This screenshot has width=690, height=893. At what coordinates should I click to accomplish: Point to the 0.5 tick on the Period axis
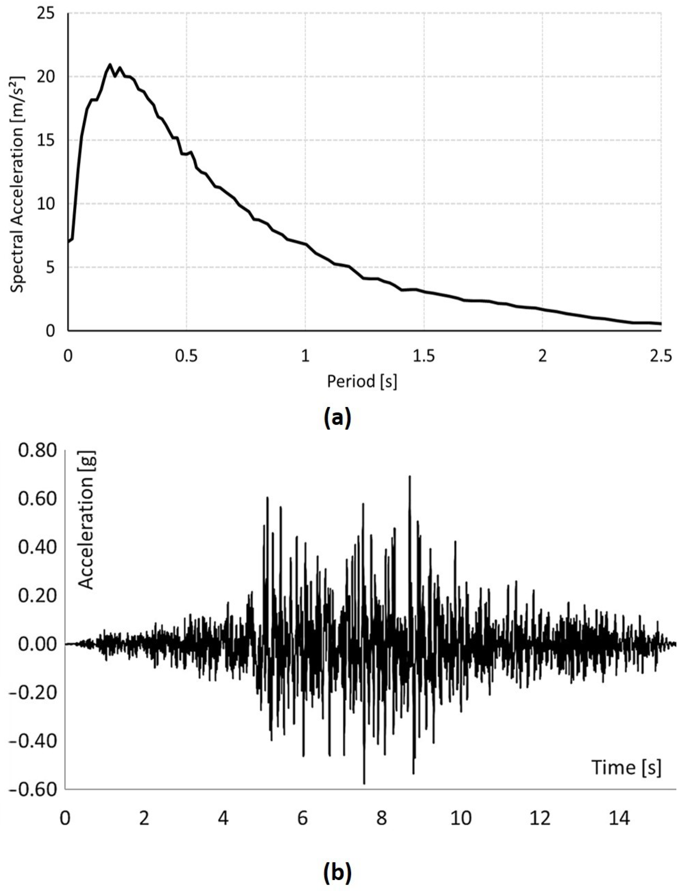(186, 356)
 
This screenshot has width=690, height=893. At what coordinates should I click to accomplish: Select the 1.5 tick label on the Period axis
(424, 356)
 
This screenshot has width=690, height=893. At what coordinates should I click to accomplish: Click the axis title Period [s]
(362, 382)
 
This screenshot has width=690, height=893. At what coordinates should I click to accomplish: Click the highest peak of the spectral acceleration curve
(110, 64)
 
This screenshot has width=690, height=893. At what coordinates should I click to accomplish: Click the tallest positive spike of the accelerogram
(410, 476)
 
